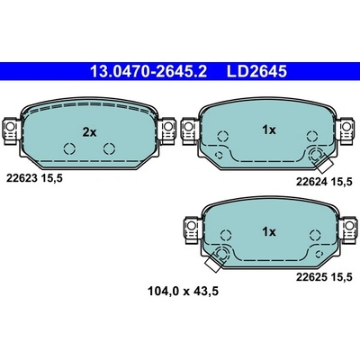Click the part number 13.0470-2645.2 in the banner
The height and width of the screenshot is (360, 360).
pyautogui.click(x=148, y=71)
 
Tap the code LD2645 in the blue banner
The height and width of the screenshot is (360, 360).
pyautogui.click(x=256, y=71)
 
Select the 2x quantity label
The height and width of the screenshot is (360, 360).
pyautogui.click(x=89, y=132)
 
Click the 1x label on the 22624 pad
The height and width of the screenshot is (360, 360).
pyautogui.click(x=269, y=130)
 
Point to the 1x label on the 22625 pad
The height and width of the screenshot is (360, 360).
pyautogui.click(x=269, y=231)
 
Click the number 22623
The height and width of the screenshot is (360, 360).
pyautogui.click(x=22, y=178)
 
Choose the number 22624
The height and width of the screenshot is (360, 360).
pyautogui.click(x=311, y=182)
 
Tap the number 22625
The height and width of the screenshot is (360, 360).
pyautogui.click(x=311, y=277)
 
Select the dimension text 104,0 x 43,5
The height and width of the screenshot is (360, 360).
pyautogui.click(x=183, y=291)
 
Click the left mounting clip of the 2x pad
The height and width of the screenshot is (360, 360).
pyautogui.click(x=11, y=130)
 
